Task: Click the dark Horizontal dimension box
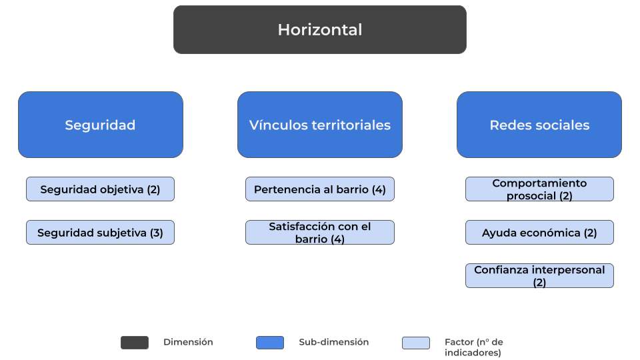319,29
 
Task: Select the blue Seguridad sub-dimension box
101,125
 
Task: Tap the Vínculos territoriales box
319,125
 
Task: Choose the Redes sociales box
539,125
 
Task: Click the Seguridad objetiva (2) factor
100,189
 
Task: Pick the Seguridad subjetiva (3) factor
100,232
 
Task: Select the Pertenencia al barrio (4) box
319,189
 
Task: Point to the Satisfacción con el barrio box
319,232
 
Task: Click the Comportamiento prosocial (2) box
539,189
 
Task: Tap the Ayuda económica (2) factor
539,232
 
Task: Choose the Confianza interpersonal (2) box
539,275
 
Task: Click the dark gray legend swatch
135,343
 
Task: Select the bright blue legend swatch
270,343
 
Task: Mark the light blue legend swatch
416,343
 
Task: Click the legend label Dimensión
188,342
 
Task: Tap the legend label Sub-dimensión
334,342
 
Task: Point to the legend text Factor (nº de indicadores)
473,347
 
